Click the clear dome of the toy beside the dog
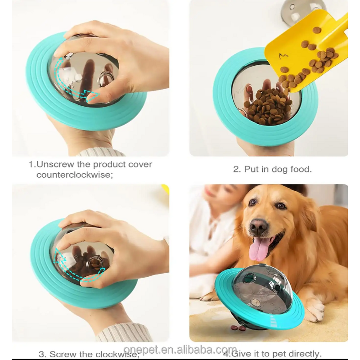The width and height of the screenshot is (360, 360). pyautogui.click(x=261, y=283)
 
